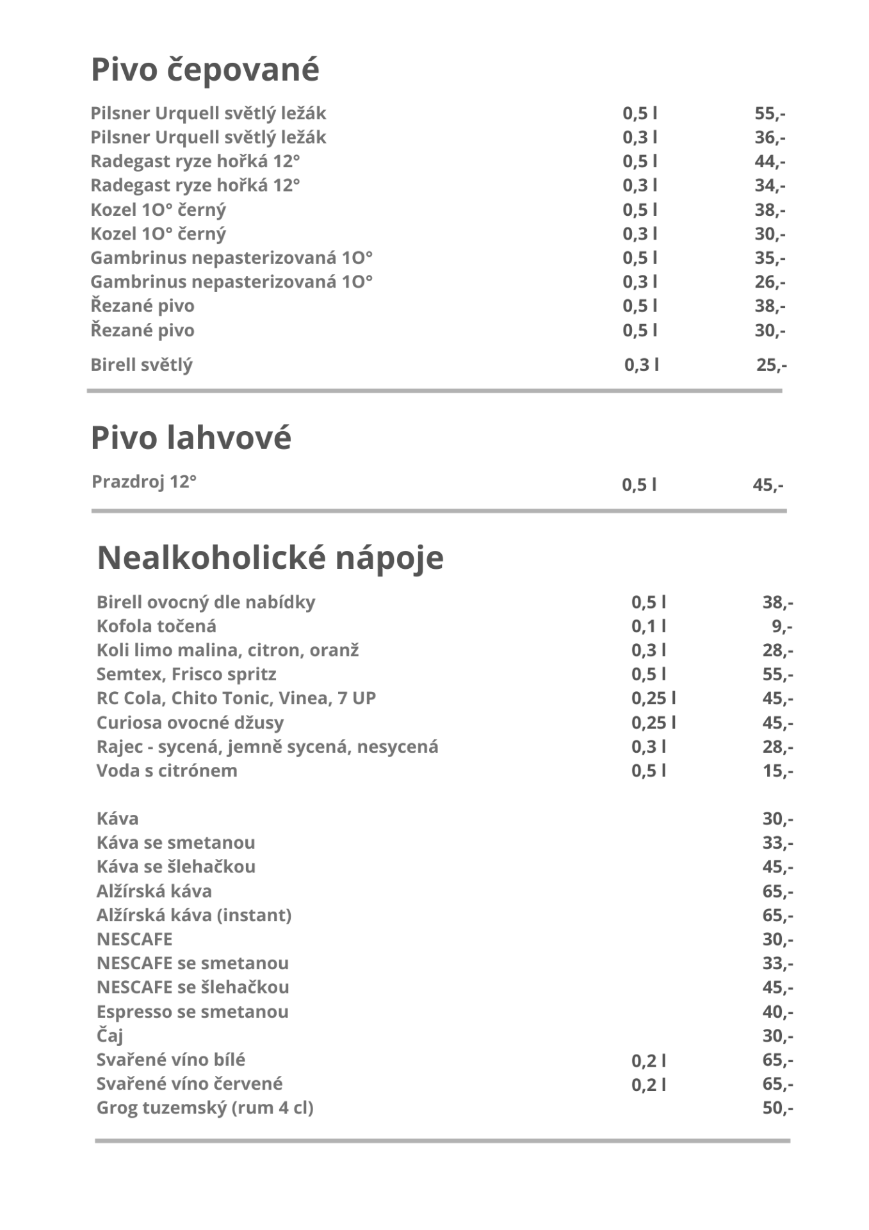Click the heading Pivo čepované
click(205, 69)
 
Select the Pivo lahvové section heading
click(191, 438)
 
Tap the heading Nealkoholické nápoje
click(270, 557)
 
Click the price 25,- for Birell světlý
click(771, 365)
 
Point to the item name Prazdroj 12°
click(143, 482)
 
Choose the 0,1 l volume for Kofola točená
click(648, 626)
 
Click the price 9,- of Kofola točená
click(782, 626)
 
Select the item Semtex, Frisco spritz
click(186, 675)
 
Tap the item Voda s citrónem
click(166, 771)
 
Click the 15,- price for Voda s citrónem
click(777, 771)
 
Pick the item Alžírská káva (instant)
click(194, 915)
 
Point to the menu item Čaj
click(110, 1036)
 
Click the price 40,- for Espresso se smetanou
click(777, 1012)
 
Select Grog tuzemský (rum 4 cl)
click(205, 1108)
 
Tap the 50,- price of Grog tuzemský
click(777, 1108)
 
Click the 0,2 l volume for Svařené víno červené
click(648, 1085)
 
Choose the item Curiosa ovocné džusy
click(190, 723)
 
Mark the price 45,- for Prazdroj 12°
click(768, 485)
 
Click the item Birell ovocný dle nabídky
click(206, 602)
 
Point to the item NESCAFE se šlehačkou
click(193, 987)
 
